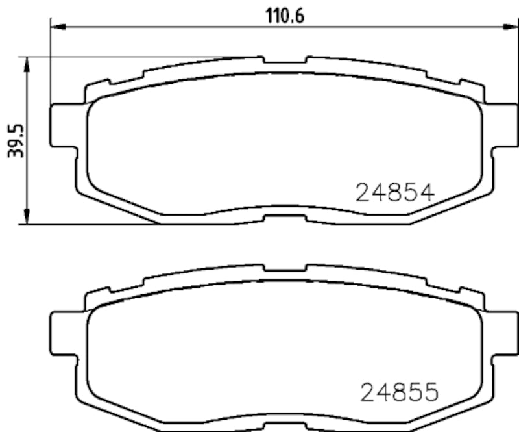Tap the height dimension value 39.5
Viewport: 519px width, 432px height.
16,142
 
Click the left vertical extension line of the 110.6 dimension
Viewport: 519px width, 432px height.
50,65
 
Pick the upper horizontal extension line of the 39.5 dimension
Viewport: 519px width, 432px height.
130,57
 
